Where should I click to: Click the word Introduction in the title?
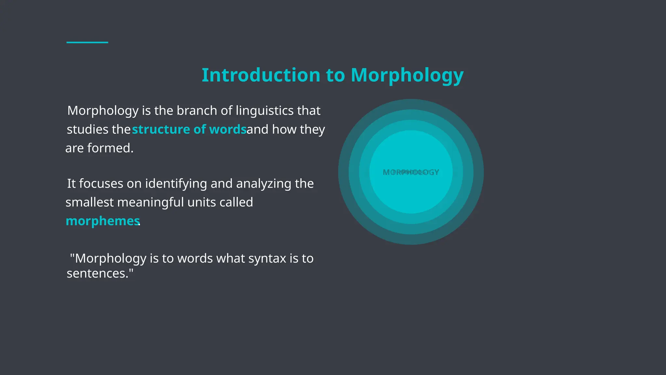261,75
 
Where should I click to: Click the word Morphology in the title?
407,75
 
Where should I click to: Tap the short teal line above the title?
87,42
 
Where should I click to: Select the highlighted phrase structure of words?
189,130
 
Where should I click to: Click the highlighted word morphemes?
102,221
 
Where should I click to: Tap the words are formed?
99,148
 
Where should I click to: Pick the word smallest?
89,202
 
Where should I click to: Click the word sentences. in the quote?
100,273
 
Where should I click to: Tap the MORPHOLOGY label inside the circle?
411,172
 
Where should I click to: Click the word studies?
87,130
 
